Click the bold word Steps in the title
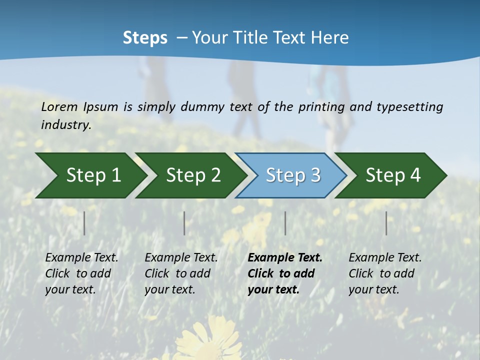click(145, 38)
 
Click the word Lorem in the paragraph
click(59, 106)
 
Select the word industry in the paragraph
click(65, 124)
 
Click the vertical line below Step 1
click(84, 223)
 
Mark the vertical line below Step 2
click(184, 223)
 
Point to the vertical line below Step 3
click(285, 223)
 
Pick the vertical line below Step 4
click(386, 223)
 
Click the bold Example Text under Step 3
click(285, 257)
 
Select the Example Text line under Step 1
click(81, 257)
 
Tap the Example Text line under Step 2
click(181, 257)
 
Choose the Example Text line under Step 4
click(385, 257)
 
